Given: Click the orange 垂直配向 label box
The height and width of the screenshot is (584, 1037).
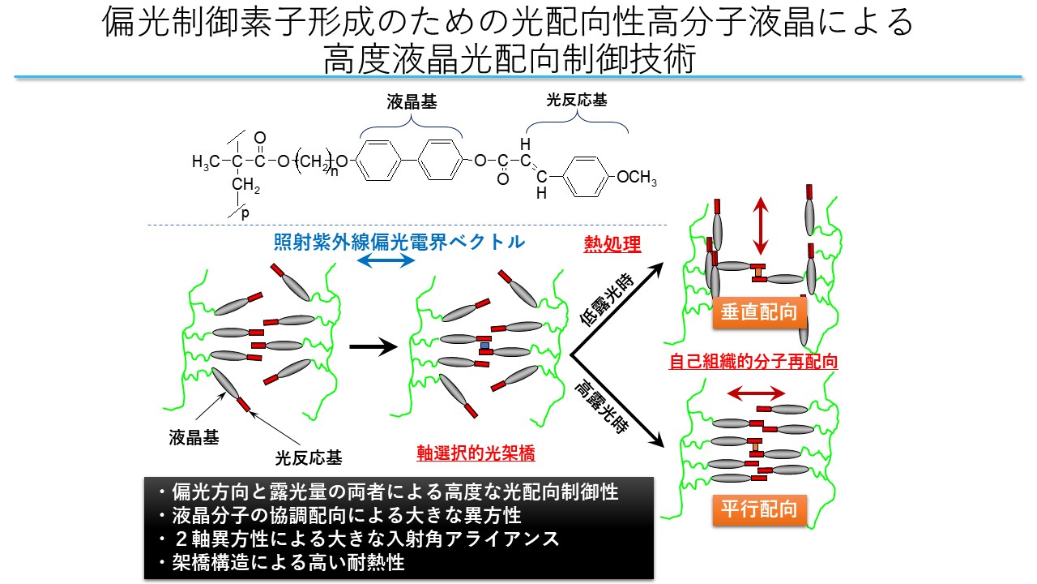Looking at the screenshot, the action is [x=759, y=312].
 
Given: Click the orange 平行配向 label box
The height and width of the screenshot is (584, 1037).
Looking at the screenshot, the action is [x=759, y=510].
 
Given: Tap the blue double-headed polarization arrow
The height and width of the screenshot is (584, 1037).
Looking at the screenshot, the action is [x=386, y=261].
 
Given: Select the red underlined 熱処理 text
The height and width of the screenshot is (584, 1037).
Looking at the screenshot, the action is [x=612, y=244].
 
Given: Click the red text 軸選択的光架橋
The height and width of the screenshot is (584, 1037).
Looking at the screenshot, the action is [x=476, y=453].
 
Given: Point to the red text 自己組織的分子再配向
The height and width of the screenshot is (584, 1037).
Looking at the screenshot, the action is [x=753, y=362].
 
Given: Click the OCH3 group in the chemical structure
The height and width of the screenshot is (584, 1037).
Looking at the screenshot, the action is [x=637, y=178].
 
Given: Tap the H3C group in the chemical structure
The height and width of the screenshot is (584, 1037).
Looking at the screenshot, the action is [x=206, y=161].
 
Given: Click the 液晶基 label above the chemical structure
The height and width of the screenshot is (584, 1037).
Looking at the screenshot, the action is [x=412, y=102].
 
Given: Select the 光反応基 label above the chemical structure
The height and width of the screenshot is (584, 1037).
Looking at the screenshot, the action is [x=576, y=100].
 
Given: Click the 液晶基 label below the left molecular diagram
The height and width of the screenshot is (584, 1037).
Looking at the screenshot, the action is [x=194, y=437].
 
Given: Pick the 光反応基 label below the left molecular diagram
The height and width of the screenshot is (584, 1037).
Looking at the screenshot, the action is [x=309, y=458].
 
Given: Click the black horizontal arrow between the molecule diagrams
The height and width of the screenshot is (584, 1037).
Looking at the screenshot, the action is [x=373, y=346].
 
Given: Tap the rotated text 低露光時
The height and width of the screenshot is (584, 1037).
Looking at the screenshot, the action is [x=607, y=300].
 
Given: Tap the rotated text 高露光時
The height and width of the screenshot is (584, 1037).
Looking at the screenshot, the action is [x=602, y=406].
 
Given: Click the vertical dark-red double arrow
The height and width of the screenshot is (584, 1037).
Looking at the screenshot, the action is [x=760, y=225].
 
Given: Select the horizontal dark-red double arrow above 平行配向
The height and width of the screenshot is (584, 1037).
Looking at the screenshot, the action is [x=756, y=394].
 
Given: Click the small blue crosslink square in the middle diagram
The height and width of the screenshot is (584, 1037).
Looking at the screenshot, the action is [x=484, y=346].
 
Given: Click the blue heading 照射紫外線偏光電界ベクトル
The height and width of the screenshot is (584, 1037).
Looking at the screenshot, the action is [x=399, y=242].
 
